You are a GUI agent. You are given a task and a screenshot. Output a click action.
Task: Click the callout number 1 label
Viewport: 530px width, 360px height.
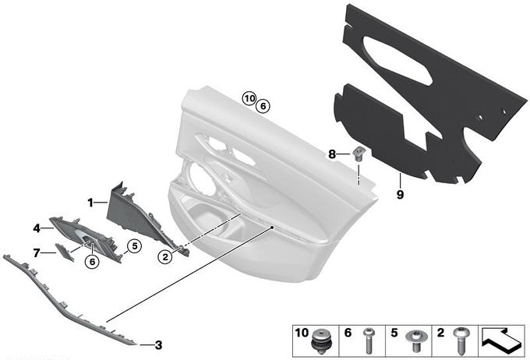(90, 203)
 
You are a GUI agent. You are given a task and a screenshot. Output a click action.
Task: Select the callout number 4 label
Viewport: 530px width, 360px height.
(37, 228)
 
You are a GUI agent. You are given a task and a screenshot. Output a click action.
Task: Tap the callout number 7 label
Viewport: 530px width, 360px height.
(37, 252)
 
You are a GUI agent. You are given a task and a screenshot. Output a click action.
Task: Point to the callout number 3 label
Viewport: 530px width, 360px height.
(158, 345)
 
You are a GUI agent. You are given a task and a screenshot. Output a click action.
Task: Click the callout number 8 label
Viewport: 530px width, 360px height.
(332, 154)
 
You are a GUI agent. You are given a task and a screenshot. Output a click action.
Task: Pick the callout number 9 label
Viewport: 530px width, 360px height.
(400, 195)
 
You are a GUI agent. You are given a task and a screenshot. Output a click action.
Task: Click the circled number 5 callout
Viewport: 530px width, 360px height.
(135, 246)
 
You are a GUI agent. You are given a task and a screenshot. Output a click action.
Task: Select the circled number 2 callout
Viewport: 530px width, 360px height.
(165, 257)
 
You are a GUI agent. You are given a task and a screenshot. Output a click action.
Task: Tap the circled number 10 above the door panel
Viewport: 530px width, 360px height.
(249, 99)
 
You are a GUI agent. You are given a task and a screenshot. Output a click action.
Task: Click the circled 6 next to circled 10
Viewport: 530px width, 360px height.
(263, 107)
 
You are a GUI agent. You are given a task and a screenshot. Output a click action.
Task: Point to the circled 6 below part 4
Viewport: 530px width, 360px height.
(92, 261)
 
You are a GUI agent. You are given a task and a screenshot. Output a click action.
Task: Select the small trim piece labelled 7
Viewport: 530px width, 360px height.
(64, 252)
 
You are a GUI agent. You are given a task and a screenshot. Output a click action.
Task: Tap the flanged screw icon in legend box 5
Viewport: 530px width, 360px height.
(415, 340)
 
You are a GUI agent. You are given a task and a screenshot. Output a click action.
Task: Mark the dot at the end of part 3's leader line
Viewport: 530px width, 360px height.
(271, 228)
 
